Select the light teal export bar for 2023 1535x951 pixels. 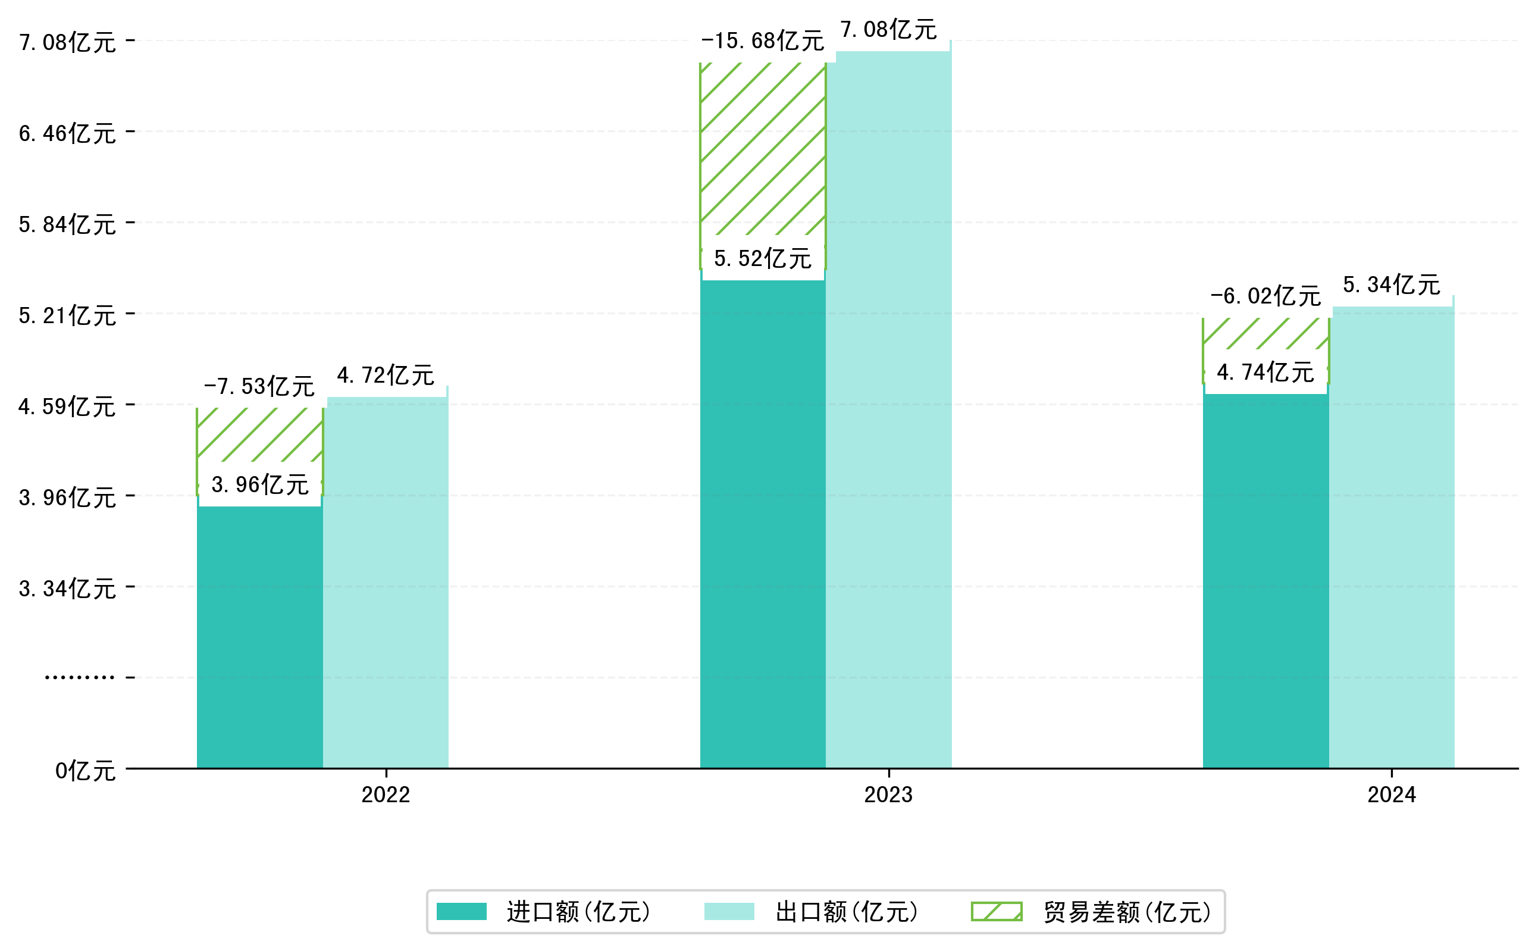pos(888,409)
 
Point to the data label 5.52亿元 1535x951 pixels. pos(762,258)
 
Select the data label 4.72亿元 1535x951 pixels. pos(385,376)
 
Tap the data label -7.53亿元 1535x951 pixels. pos(259,387)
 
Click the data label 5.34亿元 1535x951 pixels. pos(1391,285)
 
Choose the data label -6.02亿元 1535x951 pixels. pos(1265,296)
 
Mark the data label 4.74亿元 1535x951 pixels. pos(1265,373)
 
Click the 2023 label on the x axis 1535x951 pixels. pos(888,795)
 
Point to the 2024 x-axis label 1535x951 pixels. pos(1391,795)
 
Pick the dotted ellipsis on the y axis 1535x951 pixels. pos(79,677)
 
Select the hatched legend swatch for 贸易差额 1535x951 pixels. pos(996,911)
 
